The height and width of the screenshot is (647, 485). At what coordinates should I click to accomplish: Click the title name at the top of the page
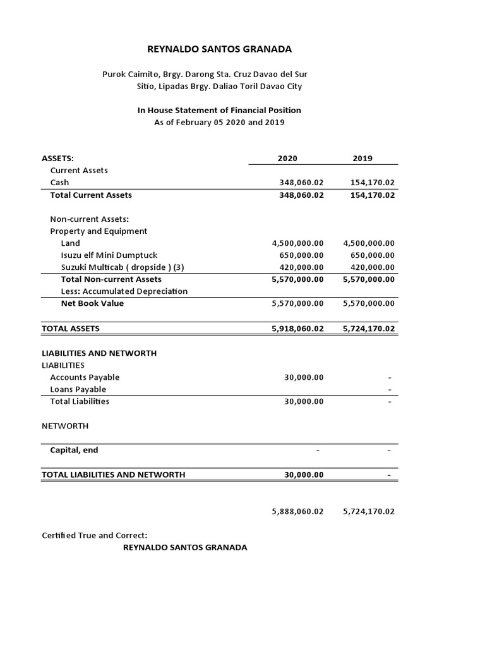[x=211, y=49]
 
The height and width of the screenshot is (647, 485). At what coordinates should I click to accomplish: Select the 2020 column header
[x=287, y=159]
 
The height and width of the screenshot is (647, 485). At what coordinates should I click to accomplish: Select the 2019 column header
[x=362, y=159]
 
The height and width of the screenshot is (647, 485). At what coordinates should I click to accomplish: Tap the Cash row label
[x=60, y=183]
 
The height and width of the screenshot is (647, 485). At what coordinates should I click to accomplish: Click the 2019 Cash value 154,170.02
[x=372, y=183]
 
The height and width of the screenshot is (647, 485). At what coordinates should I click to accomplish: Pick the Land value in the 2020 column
[x=297, y=243]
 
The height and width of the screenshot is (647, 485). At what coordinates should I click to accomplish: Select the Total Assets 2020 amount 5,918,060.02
[x=297, y=329]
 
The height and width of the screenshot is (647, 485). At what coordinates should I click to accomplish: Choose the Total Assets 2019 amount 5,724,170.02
[x=369, y=329]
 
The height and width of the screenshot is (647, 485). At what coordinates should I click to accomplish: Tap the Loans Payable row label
[x=78, y=389]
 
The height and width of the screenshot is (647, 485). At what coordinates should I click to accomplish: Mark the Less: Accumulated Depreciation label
[x=124, y=291]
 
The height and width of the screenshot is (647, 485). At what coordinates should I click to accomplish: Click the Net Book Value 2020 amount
[x=297, y=303]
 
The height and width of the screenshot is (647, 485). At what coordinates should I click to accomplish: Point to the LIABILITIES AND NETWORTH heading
[x=99, y=353]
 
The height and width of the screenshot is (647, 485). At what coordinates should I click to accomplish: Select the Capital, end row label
[x=74, y=450]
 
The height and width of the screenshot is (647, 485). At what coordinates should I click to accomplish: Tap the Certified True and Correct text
[x=94, y=535]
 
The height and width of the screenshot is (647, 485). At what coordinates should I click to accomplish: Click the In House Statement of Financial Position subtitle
[x=219, y=110]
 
